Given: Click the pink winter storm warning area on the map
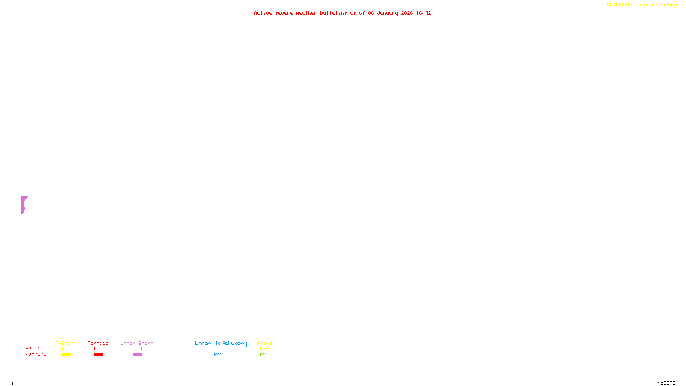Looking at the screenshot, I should [x=24, y=204].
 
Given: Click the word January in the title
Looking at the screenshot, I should [x=387, y=13].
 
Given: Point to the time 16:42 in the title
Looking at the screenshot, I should [x=423, y=13].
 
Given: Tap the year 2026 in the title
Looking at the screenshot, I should [x=407, y=13].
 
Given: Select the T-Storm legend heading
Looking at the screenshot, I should [x=66, y=343].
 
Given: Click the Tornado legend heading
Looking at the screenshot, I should [x=98, y=343].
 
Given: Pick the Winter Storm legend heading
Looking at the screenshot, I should [x=135, y=343].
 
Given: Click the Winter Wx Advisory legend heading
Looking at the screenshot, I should [x=220, y=343].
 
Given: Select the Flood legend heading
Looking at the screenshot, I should [x=265, y=343].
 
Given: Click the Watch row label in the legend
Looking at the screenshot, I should [x=33, y=347].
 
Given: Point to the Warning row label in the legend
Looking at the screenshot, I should [x=36, y=354].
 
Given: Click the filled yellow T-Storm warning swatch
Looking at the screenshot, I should [x=66, y=355].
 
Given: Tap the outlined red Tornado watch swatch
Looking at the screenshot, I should [x=99, y=349].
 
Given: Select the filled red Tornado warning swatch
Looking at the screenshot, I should [x=99, y=355].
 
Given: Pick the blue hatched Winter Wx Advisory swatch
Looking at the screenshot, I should [x=219, y=355].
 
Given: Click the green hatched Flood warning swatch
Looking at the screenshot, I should [x=265, y=355].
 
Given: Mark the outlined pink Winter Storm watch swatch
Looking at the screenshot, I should [x=137, y=349].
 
